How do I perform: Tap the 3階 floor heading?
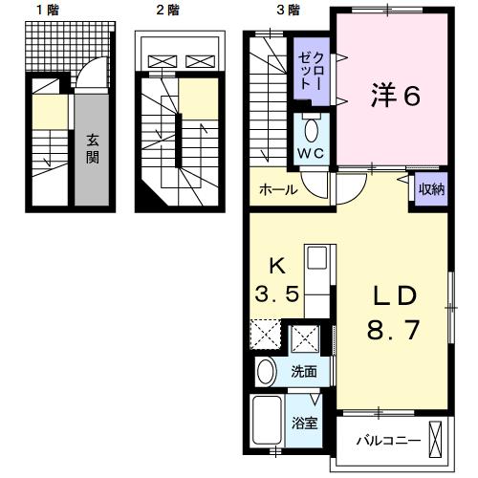point(287,11)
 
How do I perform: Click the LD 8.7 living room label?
point(394,315)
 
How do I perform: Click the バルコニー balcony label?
point(383,441)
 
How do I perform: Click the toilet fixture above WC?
point(311,129)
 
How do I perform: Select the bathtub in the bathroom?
point(268,421)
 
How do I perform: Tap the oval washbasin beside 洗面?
point(267,372)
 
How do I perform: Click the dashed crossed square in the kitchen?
point(265,337)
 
